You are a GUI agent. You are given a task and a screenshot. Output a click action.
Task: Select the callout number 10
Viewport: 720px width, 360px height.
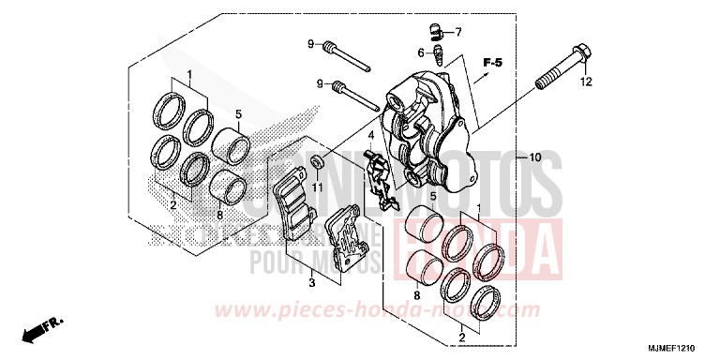click(535, 157)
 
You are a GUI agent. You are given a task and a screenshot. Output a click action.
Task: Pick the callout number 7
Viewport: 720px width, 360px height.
click(459, 33)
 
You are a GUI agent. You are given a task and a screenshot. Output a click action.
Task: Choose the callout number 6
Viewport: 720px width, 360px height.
click(422, 52)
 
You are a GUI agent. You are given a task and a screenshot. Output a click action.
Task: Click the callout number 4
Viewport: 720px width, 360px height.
click(370, 135)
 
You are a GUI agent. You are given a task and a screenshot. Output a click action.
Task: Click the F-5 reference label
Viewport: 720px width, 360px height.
click(493, 63)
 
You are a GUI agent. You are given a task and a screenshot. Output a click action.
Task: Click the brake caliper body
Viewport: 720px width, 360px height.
click(427, 127)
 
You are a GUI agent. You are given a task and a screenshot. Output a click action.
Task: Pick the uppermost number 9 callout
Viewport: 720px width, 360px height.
click(308, 43)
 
